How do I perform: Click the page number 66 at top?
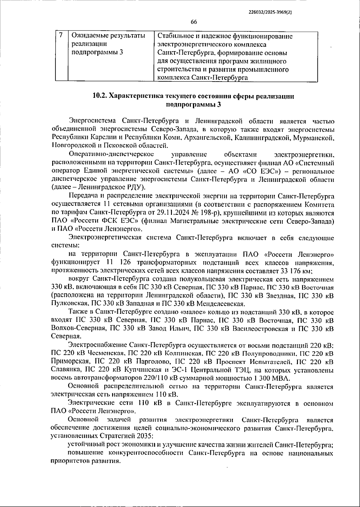pos(193,22)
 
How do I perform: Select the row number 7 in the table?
pos(61,35)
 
